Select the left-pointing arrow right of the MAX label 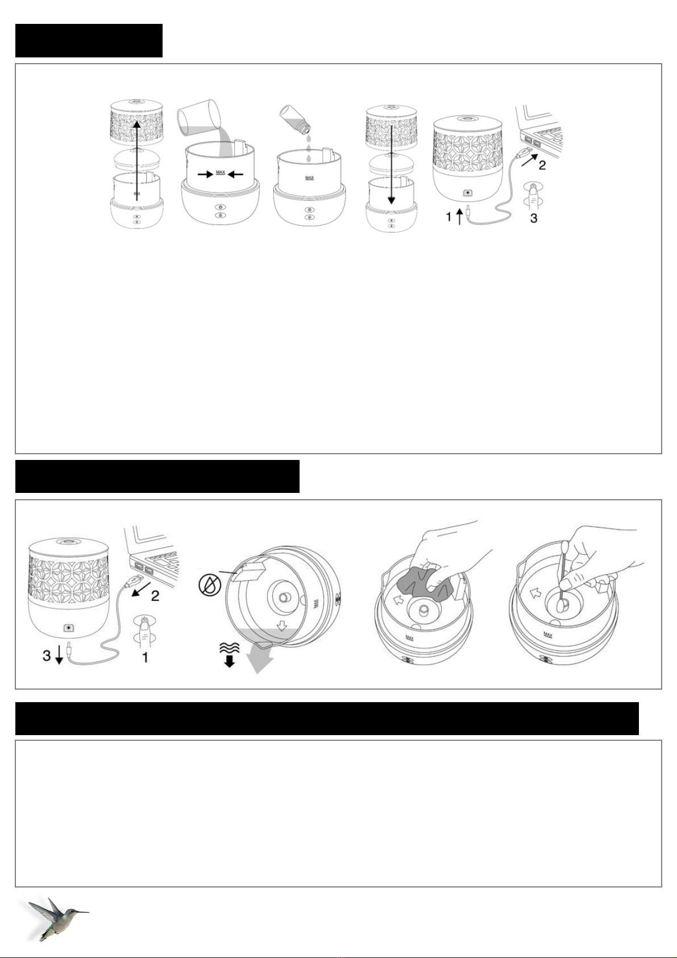coord(236,175)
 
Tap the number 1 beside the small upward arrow coord(448,217)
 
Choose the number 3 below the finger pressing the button coord(534,218)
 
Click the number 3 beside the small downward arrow coord(47,655)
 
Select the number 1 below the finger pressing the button coord(145,657)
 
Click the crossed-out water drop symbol coord(210,585)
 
